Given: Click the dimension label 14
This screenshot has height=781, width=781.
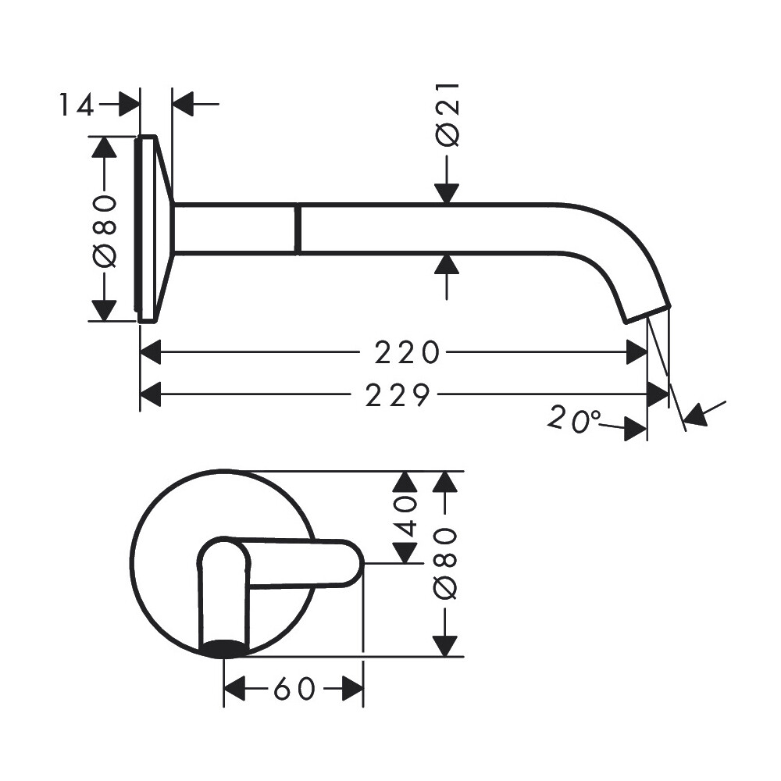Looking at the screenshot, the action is (77, 105).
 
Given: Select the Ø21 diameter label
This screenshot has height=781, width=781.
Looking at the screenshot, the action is (448, 115).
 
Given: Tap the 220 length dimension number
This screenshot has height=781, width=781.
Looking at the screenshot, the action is (407, 353).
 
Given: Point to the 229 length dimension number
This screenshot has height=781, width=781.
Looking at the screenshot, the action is (397, 395).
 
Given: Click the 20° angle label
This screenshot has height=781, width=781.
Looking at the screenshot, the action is (574, 419).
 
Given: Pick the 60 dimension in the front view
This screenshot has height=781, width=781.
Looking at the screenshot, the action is (294, 689).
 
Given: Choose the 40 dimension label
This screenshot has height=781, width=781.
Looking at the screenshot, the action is (405, 515).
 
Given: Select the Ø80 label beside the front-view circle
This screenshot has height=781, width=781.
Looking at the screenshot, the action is (445, 564).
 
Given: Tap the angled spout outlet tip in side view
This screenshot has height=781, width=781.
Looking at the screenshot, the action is (647, 314).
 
